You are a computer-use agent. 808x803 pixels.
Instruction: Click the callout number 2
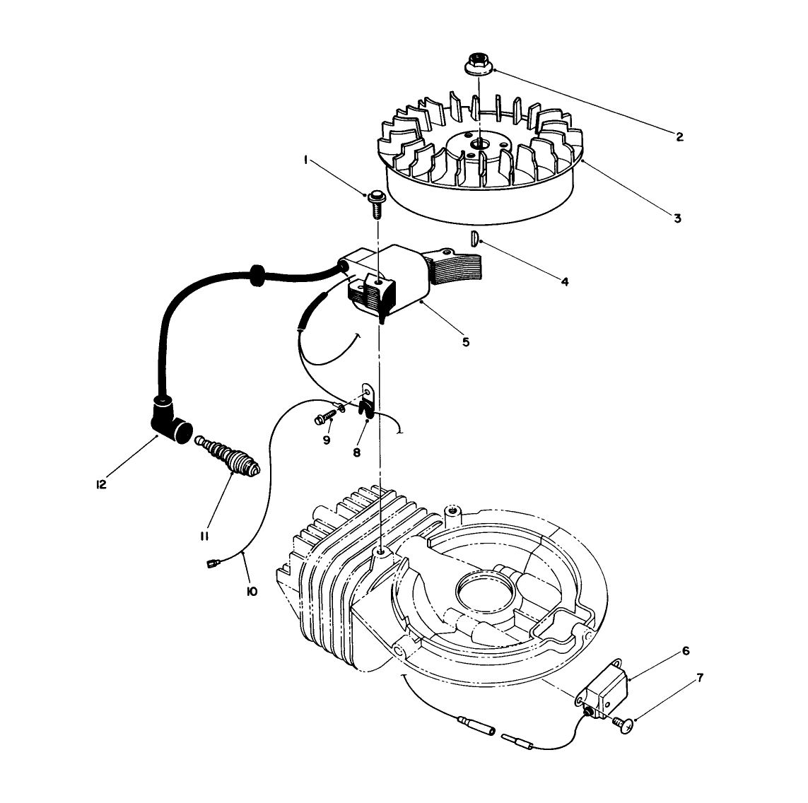pos(679,137)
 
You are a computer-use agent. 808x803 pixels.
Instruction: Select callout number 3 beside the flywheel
pos(677,218)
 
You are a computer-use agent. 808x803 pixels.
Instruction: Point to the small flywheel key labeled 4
pos(476,239)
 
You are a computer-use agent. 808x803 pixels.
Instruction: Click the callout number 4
pos(565,281)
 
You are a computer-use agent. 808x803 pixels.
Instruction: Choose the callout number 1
pos(305,160)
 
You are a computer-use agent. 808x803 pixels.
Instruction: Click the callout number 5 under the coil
pos(466,341)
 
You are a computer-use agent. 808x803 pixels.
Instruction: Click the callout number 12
pos(102,485)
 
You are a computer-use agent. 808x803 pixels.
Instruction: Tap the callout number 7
pos(699,679)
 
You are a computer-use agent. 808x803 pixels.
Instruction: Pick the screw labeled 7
pos(623,722)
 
